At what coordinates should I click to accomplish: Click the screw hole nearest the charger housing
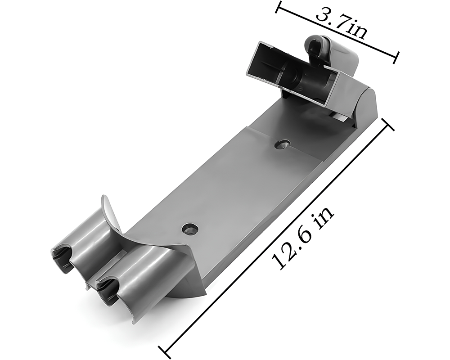282,144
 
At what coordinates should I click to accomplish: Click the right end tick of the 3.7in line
396,57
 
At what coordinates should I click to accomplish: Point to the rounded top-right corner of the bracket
368,97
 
